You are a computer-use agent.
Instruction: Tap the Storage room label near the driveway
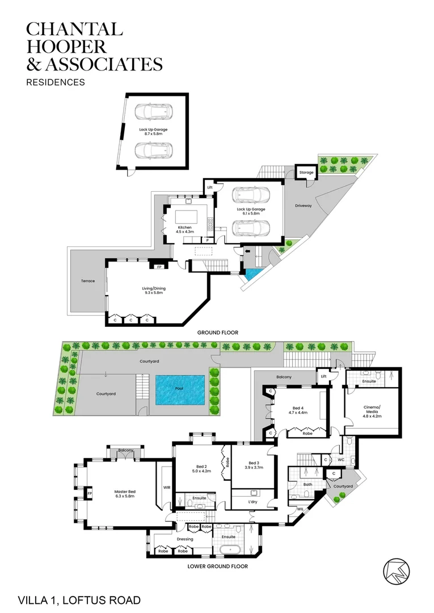(306, 172)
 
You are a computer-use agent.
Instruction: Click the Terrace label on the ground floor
(87, 281)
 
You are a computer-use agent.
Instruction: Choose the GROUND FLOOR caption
(217, 332)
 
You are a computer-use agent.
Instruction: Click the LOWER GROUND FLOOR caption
(217, 566)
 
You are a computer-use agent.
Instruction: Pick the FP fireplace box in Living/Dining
(159, 266)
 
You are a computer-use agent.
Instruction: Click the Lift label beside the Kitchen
(209, 187)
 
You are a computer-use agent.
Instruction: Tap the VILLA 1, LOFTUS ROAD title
(79, 599)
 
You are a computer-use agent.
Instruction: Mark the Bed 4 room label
(300, 410)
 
